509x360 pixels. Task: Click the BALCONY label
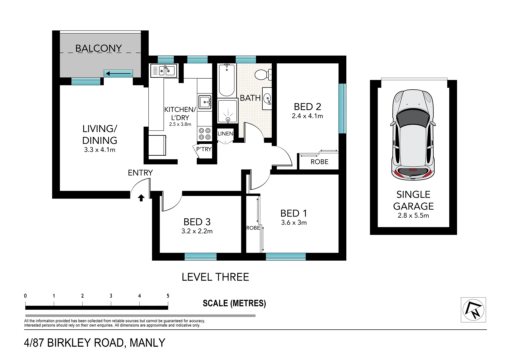98,48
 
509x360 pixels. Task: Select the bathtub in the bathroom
227,80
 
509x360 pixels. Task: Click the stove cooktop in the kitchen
205,134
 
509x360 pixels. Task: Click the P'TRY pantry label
204,149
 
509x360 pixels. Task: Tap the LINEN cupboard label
225,134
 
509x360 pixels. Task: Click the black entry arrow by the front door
141,198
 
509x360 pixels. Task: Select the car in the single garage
413,135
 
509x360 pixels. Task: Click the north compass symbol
473,310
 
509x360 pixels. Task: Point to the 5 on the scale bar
168,296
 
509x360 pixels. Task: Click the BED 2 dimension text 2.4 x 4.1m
307,116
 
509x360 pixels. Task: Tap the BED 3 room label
197,222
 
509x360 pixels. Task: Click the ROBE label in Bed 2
319,162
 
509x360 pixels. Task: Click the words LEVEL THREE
215,277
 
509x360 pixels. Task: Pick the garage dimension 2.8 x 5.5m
413,215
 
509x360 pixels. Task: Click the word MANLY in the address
147,343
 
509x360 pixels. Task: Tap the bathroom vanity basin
267,99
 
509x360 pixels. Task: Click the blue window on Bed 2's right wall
342,108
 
